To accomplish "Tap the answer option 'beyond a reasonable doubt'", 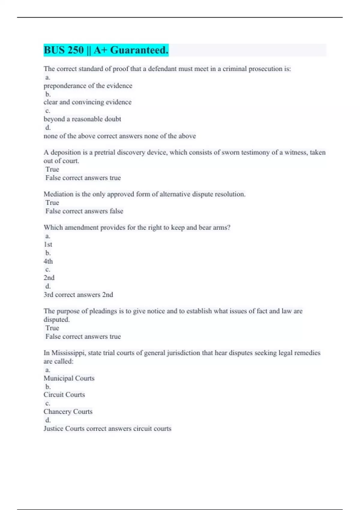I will pyautogui.click(x=82, y=119).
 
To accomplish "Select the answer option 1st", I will pyautogui.click(x=48, y=244).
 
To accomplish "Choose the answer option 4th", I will pyautogui.click(x=48, y=261).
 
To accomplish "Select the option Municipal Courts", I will pyautogui.click(x=69, y=378).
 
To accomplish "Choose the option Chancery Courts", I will pyautogui.click(x=68, y=412).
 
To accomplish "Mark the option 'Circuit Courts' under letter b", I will pyautogui.click(x=64, y=395).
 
